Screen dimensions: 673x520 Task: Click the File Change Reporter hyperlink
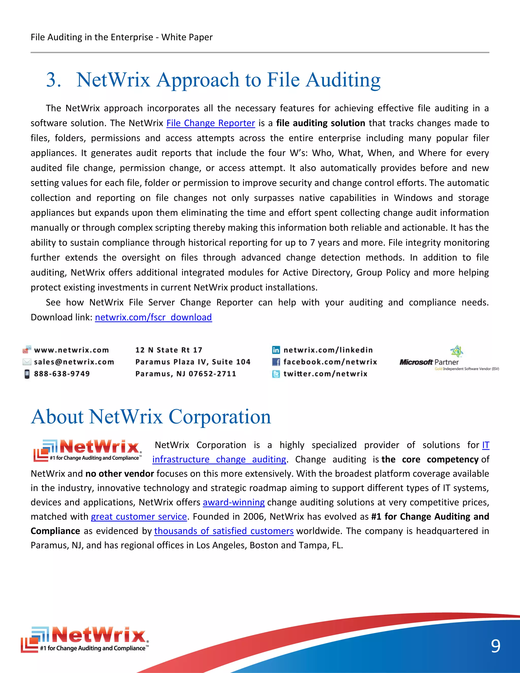click(x=210, y=123)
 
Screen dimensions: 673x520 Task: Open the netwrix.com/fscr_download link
click(x=153, y=317)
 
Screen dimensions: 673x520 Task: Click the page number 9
click(x=495, y=646)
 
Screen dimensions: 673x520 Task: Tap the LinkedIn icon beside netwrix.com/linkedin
click(x=276, y=350)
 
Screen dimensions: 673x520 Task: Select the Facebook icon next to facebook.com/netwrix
click(x=276, y=362)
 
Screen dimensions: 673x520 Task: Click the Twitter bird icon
click(x=276, y=374)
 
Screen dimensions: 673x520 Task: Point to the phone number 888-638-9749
click(x=62, y=374)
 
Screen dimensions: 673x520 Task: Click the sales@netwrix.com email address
click(x=74, y=362)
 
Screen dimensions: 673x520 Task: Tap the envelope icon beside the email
click(x=27, y=362)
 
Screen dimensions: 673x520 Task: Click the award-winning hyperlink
click(x=234, y=503)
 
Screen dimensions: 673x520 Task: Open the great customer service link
click(x=139, y=517)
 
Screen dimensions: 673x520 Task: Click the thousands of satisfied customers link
click(x=224, y=531)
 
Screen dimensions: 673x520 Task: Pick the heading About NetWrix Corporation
click(x=151, y=417)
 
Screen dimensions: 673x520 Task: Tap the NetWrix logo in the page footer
click(x=85, y=639)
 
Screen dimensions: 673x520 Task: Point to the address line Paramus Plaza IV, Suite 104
click(x=193, y=362)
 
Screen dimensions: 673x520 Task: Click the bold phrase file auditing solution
click(x=320, y=123)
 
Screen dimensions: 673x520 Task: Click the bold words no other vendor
click(x=120, y=474)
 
